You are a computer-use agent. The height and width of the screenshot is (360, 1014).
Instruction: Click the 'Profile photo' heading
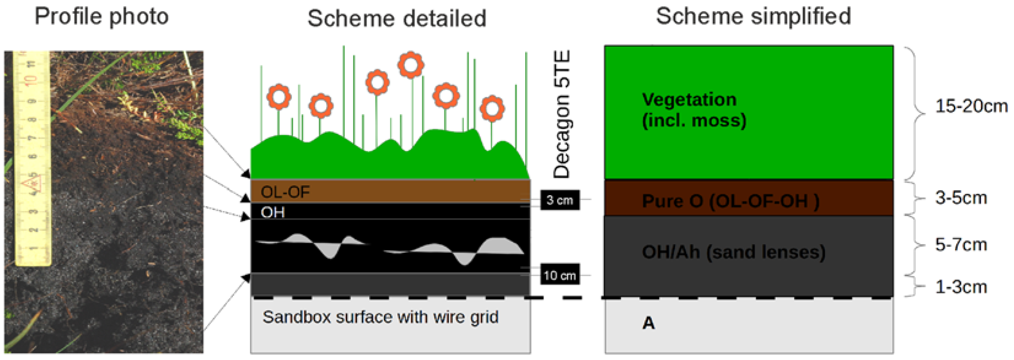click(x=102, y=17)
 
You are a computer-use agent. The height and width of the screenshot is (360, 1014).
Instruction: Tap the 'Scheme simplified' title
click(x=753, y=17)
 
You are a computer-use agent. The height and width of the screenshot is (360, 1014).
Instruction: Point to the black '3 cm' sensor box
click(x=560, y=200)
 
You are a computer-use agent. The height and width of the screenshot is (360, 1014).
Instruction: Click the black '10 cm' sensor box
click(x=560, y=275)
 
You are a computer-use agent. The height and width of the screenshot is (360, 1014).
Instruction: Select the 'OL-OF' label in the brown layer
click(x=286, y=192)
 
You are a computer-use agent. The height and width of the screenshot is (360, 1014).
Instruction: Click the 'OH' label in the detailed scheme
click(x=272, y=212)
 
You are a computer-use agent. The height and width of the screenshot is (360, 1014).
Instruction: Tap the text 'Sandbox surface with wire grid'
click(x=380, y=317)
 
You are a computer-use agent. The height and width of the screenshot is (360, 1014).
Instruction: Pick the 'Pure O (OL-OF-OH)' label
click(x=730, y=201)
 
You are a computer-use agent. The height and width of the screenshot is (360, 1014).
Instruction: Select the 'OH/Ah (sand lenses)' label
click(x=733, y=252)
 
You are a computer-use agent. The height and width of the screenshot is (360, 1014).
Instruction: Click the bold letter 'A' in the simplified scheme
click(x=649, y=323)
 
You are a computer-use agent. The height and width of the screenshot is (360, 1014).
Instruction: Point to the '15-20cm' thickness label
click(x=971, y=106)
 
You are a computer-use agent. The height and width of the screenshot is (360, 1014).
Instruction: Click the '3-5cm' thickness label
click(x=961, y=198)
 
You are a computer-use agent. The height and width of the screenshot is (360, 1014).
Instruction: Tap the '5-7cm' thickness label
click(x=961, y=245)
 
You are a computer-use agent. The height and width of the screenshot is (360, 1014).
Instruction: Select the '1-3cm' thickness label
click(x=961, y=287)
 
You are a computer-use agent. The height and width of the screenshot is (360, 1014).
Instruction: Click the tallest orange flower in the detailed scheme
click(x=410, y=64)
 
